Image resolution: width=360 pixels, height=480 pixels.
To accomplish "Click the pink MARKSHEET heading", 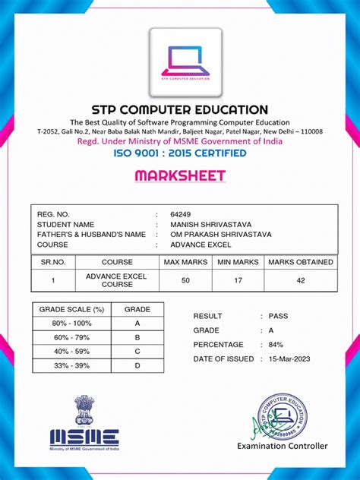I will point(180,176).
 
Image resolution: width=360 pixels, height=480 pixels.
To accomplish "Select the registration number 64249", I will point(181,216).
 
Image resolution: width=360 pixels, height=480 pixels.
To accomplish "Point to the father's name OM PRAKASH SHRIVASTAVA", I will point(219,235).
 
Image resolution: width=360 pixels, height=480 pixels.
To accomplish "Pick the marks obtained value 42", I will point(301,280).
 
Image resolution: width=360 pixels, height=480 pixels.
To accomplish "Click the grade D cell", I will point(137,365).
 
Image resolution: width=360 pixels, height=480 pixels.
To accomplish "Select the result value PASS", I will point(278,315).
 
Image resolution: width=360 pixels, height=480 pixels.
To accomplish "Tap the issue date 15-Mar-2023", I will point(289,358).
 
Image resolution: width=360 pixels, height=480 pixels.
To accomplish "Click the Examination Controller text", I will point(283,446).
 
